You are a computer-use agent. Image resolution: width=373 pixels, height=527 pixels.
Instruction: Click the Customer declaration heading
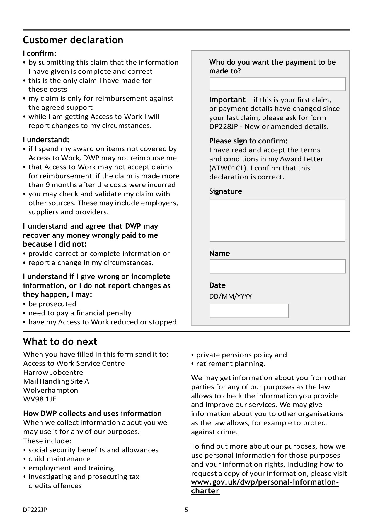tap(73, 40)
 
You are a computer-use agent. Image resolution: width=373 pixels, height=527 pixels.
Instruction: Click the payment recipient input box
tap(277, 84)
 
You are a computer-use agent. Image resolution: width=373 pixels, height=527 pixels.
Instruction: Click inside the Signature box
tap(277, 220)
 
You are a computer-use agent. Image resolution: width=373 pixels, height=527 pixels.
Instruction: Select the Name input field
tap(277, 266)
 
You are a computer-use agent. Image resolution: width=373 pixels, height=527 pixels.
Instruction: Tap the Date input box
tap(249, 311)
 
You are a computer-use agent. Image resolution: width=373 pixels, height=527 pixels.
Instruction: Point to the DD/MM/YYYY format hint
tap(230, 296)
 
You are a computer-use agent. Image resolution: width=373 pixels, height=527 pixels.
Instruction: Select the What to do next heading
tap(60, 342)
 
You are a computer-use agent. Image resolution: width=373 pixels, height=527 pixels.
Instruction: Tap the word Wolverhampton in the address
tap(51, 390)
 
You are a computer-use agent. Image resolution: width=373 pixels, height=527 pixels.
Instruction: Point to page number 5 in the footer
tap(186, 510)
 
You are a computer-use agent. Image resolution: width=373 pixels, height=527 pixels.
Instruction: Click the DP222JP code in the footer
tap(35, 510)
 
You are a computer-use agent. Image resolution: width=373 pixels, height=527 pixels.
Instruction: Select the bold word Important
tap(227, 100)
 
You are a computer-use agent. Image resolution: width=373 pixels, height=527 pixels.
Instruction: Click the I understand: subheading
tap(46, 140)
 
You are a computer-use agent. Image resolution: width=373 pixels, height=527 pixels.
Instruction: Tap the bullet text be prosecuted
tap(52, 304)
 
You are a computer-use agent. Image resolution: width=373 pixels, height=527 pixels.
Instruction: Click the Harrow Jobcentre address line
tap(53, 372)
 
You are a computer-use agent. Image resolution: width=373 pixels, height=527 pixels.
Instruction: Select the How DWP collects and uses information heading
tap(92, 413)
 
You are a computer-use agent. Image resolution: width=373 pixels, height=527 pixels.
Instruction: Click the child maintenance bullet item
tap(59, 459)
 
